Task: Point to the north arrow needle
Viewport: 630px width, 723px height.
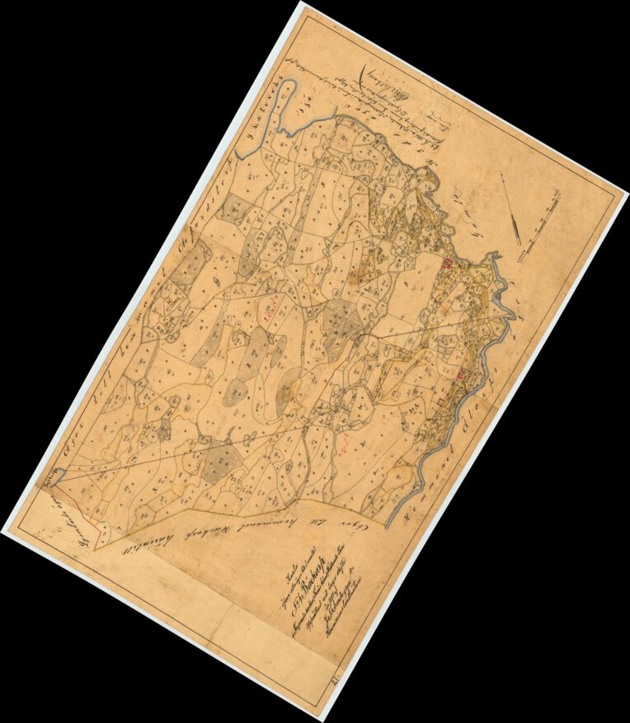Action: point(512,210)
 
